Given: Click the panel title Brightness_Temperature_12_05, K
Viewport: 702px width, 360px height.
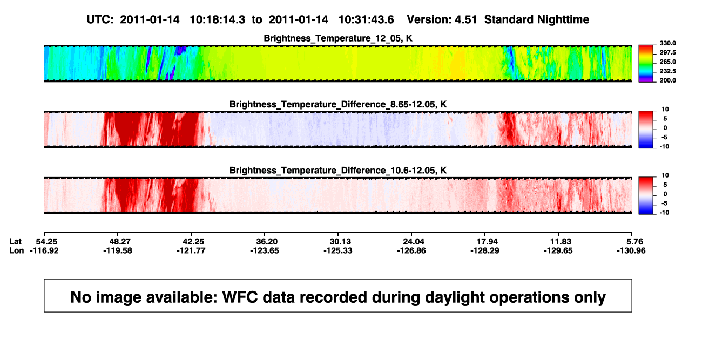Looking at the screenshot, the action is [338, 38].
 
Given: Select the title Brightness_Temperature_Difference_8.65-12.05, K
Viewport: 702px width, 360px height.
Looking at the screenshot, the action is [338, 104].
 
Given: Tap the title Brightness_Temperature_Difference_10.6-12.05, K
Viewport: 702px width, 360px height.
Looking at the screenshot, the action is [338, 171].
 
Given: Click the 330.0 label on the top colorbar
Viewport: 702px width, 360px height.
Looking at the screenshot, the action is [667, 43].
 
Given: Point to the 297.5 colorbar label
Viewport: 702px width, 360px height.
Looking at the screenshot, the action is [667, 52].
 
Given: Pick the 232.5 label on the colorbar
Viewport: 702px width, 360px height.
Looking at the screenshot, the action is [667, 71].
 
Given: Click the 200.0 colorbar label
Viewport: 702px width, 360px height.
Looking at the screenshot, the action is [667, 80].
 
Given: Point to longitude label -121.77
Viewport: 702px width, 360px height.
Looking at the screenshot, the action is [191, 250].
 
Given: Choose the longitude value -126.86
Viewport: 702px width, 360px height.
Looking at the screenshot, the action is [411, 250].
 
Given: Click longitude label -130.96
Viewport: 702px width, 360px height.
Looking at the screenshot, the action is [631, 250].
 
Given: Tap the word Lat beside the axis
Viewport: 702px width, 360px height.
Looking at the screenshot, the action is [15, 242].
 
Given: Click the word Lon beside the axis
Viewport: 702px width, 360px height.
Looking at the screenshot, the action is [16, 250].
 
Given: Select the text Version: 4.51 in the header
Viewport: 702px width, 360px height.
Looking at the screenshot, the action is [442, 19].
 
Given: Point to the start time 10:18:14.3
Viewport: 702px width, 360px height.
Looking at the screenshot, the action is [218, 19].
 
